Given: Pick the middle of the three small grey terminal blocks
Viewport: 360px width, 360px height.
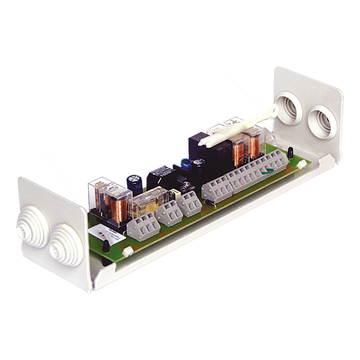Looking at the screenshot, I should click(x=169, y=212).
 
